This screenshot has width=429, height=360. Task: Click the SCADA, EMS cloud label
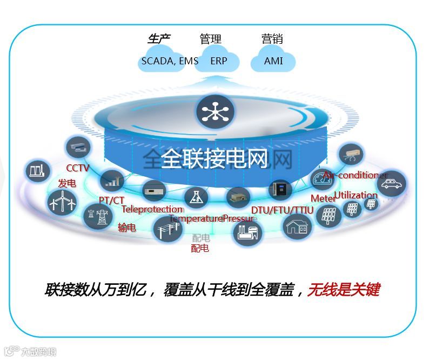tap(169, 61)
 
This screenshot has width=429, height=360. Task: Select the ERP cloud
tap(219, 61)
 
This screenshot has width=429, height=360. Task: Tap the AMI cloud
tap(273, 61)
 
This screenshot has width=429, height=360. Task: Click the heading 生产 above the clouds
tap(159, 39)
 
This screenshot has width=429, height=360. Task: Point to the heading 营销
tap(272, 39)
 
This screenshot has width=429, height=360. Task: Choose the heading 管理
tap(211, 39)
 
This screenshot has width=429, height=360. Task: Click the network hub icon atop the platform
tap(215, 112)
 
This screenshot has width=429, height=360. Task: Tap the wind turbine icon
tap(62, 203)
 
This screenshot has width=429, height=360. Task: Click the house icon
tap(298, 226)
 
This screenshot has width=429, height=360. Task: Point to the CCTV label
tap(77, 168)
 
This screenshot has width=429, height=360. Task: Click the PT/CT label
tap(111, 200)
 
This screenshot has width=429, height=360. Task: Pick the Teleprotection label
tap(152, 209)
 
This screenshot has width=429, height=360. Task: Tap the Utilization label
tap(356, 195)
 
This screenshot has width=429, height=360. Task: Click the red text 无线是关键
tap(343, 290)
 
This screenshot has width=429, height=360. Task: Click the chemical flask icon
tap(196, 199)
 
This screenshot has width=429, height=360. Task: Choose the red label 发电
tap(67, 184)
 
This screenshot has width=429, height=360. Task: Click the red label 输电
tap(127, 228)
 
